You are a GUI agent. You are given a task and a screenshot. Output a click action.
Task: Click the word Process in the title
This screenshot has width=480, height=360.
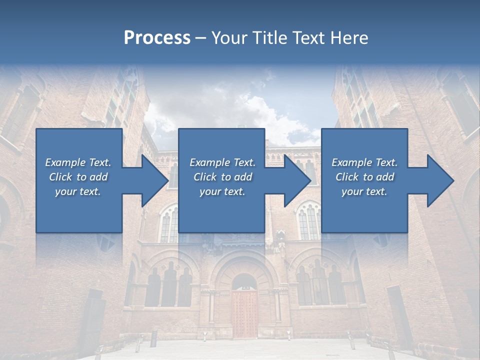(x=157, y=38)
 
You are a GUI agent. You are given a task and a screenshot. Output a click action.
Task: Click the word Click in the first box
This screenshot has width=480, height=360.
(x=60, y=177)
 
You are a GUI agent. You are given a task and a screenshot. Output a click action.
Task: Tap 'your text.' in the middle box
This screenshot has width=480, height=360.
(x=222, y=191)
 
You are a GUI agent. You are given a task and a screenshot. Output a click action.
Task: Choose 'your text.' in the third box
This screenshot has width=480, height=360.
(x=364, y=191)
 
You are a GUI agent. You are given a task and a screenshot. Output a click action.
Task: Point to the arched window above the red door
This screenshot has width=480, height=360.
(x=244, y=282)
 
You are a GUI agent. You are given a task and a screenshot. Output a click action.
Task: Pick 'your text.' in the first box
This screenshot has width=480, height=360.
(x=77, y=191)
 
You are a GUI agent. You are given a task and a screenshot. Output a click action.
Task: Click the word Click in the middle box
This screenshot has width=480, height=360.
(x=205, y=177)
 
